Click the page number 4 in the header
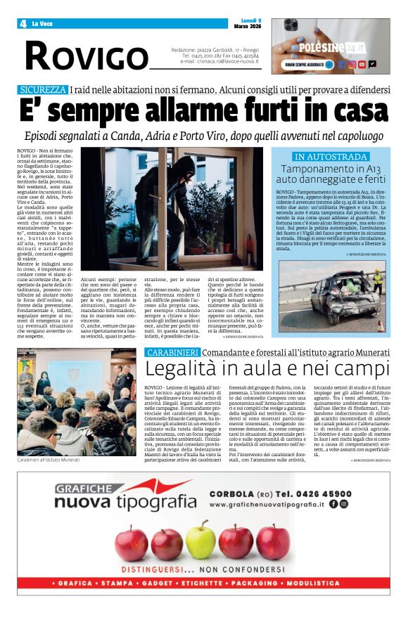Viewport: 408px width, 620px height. [23, 23]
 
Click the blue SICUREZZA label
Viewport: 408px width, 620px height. [42, 90]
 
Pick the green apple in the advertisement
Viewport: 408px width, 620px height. [200, 540]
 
